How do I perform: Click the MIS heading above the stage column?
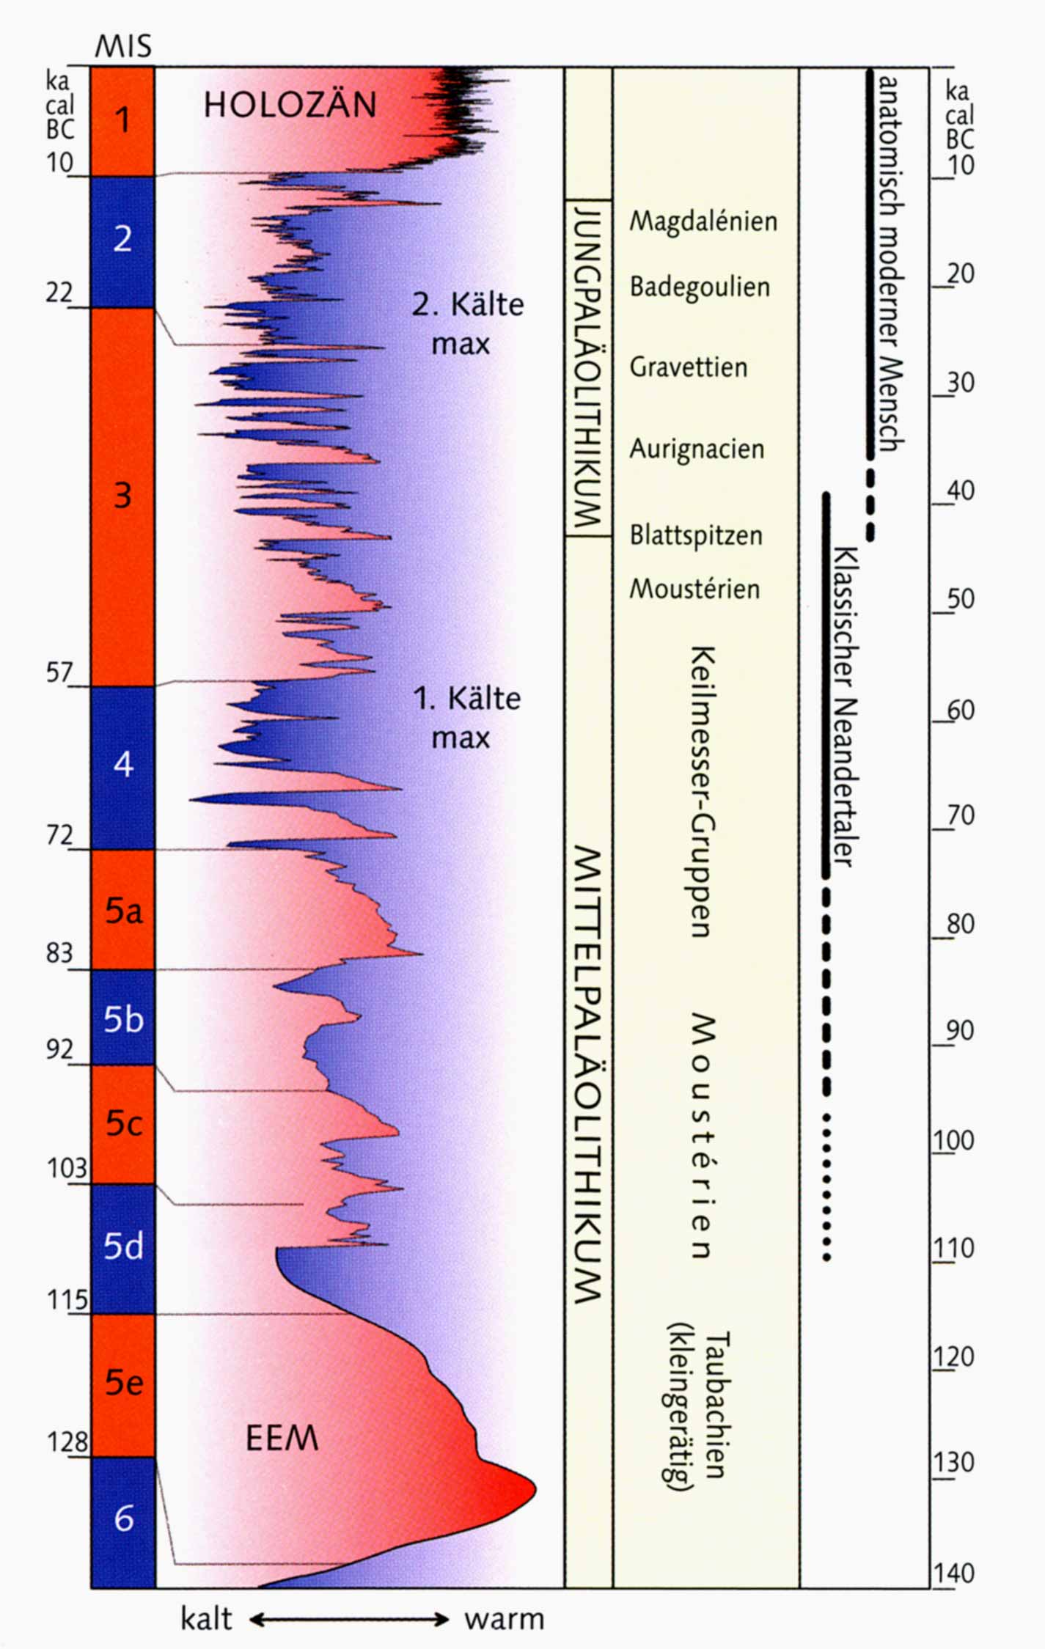pos(123,47)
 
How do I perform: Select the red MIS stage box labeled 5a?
pos(123,910)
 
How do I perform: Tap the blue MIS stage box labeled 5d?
pos(123,1246)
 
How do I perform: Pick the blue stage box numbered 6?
pos(123,1518)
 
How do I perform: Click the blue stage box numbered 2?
pos(123,239)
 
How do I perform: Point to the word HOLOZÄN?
pos(290,105)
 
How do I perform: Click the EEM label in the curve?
pos(282,1439)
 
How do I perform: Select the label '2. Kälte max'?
pos(467,323)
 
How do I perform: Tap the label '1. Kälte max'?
pos(466,717)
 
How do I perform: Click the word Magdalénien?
pos(703,221)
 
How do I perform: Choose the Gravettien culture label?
pos(688,367)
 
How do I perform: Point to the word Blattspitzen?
pos(696,535)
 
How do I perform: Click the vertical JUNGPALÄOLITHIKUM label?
pos(588,367)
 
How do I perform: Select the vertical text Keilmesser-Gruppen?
pos(702,792)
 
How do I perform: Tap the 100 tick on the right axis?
pos(953,1141)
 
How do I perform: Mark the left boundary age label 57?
pos(59,672)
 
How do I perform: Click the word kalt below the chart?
pos(206,1619)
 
